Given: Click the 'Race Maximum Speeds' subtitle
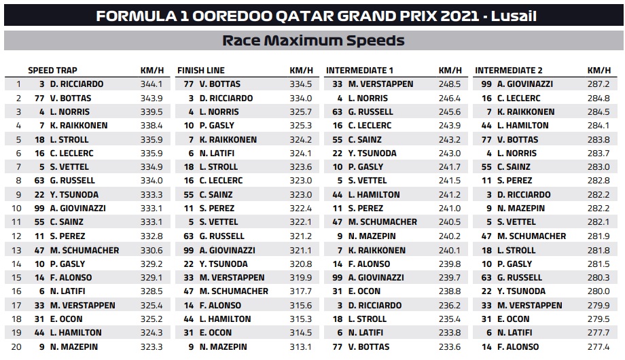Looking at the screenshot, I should pos(313,41).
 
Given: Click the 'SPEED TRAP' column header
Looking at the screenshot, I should pos(52,71).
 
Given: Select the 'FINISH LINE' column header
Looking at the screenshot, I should pos(201,71).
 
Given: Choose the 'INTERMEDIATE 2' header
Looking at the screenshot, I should pos(509,71).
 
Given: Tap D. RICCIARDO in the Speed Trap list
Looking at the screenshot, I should pos(81,84).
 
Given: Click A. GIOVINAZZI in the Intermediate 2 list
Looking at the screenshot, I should pos(525,84).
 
